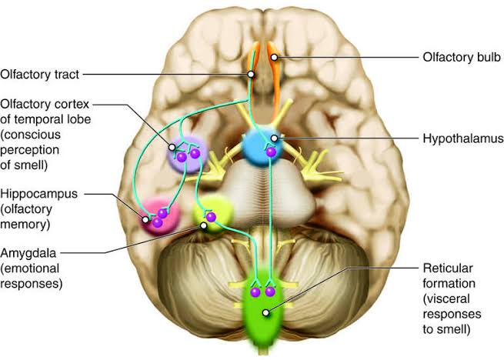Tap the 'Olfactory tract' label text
click(38, 75)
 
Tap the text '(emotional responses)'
click(32, 275)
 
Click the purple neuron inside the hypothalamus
click(270, 152)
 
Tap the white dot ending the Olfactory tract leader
click(251, 75)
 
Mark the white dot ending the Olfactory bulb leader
click(274, 57)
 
